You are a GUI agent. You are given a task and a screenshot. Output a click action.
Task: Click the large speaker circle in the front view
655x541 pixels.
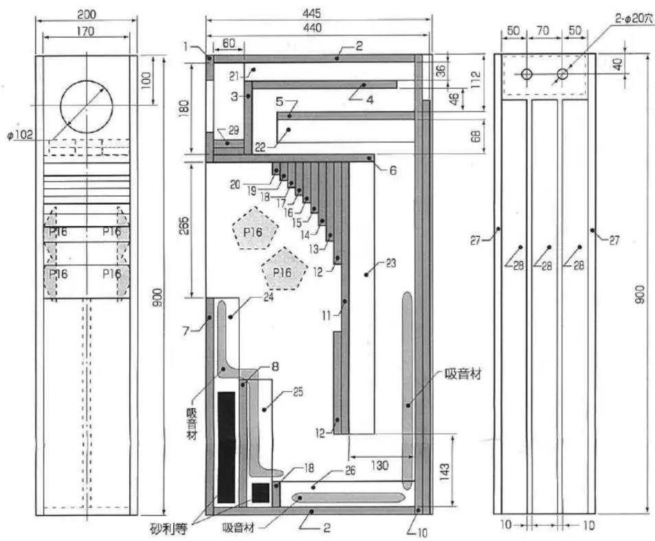pos(61,107)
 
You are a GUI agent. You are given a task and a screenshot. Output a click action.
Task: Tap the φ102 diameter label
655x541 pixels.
pos(20,135)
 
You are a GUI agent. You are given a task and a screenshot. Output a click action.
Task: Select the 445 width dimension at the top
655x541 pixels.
pos(311,13)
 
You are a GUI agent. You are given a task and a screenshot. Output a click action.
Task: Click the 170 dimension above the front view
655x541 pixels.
pos(85,31)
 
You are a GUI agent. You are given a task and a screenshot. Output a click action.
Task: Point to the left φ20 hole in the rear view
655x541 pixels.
pos(526,74)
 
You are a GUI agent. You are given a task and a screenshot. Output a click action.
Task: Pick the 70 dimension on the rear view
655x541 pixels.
pos(542,30)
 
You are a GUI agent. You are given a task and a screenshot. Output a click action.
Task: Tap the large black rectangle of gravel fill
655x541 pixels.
pos(227,447)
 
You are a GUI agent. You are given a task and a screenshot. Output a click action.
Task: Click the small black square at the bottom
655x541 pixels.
pos(260,493)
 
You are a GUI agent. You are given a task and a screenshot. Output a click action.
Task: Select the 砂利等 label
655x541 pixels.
pos(169,529)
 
